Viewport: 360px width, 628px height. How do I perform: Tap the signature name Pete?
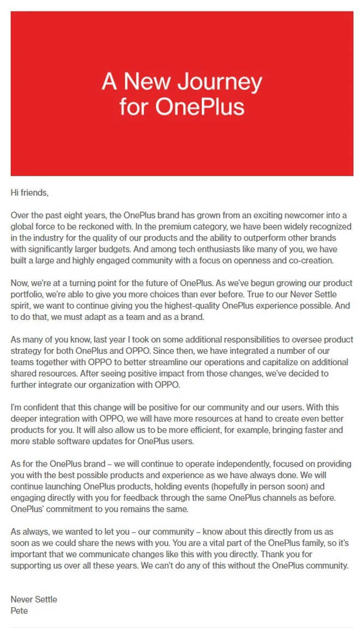click(20, 611)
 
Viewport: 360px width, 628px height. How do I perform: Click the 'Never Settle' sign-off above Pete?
click(34, 600)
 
